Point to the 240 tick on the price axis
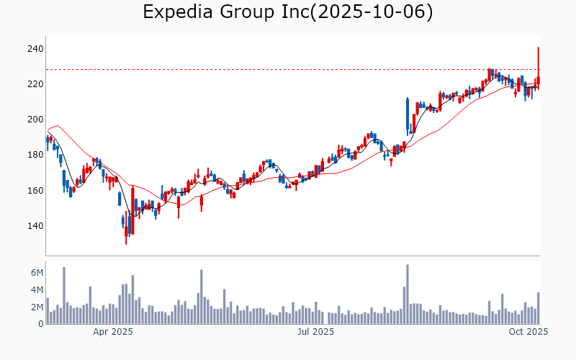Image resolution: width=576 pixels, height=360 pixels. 36,49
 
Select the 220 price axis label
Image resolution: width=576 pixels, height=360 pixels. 36,84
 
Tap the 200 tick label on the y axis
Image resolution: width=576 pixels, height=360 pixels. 36,120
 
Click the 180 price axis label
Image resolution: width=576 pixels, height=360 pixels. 36,155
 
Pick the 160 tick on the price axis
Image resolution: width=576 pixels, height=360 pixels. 36,191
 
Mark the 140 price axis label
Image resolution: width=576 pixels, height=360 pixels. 36,226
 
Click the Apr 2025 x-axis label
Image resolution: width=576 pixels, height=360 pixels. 113,332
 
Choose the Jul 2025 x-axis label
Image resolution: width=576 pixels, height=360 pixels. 315,332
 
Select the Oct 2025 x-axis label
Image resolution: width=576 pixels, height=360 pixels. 529,332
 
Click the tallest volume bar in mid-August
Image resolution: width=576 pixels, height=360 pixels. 408,294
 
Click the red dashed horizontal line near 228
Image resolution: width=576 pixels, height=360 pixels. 288,70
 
